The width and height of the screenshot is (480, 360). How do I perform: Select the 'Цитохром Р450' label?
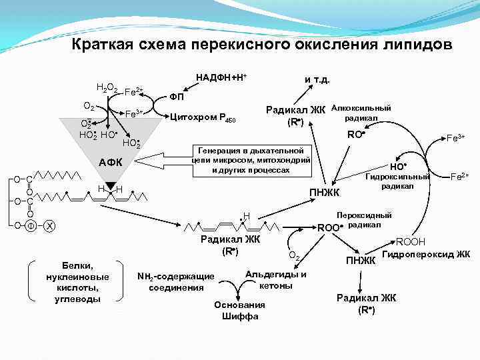[x=203, y=118]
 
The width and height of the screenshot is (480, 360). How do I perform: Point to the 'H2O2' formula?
[x=107, y=87]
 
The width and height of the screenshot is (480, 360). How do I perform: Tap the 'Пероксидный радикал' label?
[x=365, y=220]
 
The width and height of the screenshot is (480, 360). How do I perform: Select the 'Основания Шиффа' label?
[x=239, y=311]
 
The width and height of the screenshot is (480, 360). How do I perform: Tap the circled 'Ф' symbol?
[x=30, y=225]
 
